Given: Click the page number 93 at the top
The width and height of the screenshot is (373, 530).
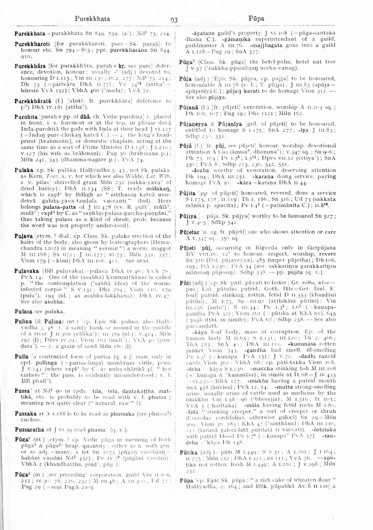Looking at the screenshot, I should click(x=174, y=20).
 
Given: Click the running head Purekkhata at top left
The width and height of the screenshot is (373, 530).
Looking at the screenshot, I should click(x=92, y=19).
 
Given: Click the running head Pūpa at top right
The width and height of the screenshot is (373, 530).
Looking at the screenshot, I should click(x=256, y=19).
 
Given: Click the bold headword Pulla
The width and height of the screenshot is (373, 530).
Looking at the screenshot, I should click(x=21, y=357).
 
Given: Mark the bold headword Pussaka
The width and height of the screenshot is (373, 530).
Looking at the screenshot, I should click(x=25, y=414).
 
